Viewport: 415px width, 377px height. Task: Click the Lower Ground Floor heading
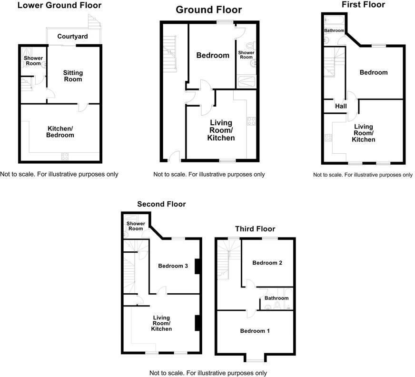pyautogui.click(x=59, y=6)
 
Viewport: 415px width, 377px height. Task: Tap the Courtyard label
pyautogui.click(x=72, y=36)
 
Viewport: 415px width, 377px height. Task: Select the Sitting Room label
pyautogui.click(x=73, y=76)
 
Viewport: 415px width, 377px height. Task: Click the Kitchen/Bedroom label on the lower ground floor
pyautogui.click(x=60, y=131)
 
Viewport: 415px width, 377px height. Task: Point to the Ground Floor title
pyautogui.click(x=208, y=10)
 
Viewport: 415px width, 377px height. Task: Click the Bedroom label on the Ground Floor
pyautogui.click(x=213, y=55)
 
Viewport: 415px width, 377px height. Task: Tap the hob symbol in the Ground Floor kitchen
pyautogui.click(x=251, y=121)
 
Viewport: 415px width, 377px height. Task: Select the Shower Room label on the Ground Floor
pyautogui.click(x=246, y=55)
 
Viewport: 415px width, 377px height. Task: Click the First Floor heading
pyautogui.click(x=363, y=5)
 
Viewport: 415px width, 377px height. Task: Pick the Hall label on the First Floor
pyautogui.click(x=341, y=106)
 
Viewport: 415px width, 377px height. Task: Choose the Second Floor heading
pyautogui.click(x=161, y=204)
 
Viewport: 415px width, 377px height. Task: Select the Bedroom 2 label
pyautogui.click(x=264, y=263)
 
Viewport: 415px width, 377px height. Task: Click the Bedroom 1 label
pyautogui.click(x=254, y=331)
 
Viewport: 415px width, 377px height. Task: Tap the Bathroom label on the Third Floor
pyautogui.click(x=277, y=298)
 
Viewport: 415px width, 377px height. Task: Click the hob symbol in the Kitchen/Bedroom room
pyautogui.click(x=65, y=156)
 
